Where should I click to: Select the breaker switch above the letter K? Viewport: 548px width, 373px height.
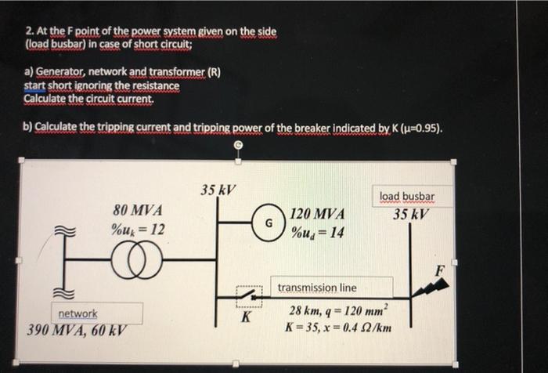coord(250,296)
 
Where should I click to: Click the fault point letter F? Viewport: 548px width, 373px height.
coord(440,270)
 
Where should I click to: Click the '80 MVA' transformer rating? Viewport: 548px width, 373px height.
coord(138,210)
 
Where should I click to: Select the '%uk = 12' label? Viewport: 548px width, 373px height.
coord(138,230)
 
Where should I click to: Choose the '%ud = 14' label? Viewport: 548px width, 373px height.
coord(317,232)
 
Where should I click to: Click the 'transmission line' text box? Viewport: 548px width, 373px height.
coord(316,288)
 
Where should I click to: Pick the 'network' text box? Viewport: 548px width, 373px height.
coord(78,313)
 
